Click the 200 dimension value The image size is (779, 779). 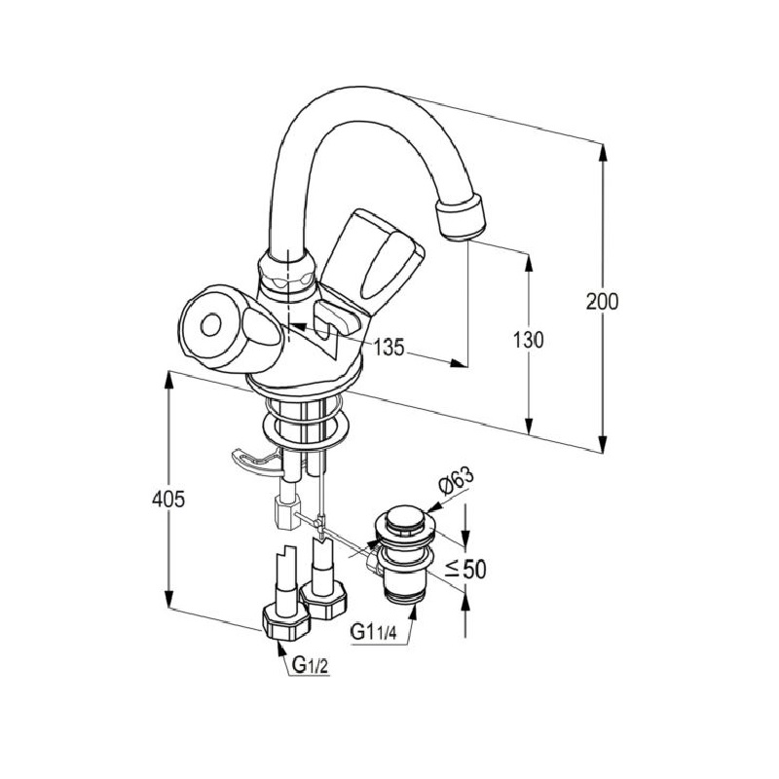point(602,302)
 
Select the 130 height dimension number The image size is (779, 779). point(529,340)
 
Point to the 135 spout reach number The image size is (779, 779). point(389,348)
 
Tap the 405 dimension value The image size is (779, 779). point(168,499)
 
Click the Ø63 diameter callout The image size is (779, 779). point(456,481)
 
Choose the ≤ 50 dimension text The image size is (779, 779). point(465,570)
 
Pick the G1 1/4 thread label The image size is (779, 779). point(374,632)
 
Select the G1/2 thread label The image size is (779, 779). point(311,664)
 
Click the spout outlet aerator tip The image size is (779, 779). point(460,217)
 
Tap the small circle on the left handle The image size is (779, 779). point(210,326)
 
